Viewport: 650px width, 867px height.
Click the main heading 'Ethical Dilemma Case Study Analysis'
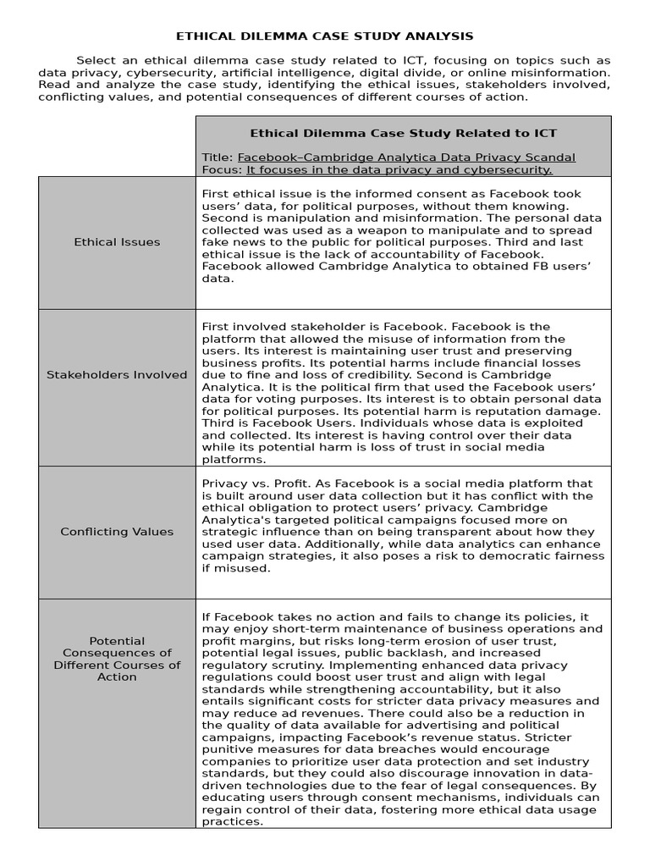coord(324,36)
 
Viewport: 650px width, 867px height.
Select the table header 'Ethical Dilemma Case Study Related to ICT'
coord(403,133)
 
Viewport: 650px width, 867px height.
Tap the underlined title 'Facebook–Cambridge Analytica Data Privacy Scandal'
coord(406,157)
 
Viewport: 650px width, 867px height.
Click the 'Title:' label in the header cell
coord(218,157)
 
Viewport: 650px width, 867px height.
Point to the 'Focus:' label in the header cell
coord(223,169)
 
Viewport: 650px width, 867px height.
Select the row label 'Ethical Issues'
coord(117,242)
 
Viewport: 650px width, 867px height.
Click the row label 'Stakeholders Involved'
coord(117,374)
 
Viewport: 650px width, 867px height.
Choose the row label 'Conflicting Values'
coord(117,532)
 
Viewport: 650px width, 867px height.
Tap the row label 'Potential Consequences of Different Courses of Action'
coord(117,659)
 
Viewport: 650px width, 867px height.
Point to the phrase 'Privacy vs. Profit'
coord(251,483)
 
